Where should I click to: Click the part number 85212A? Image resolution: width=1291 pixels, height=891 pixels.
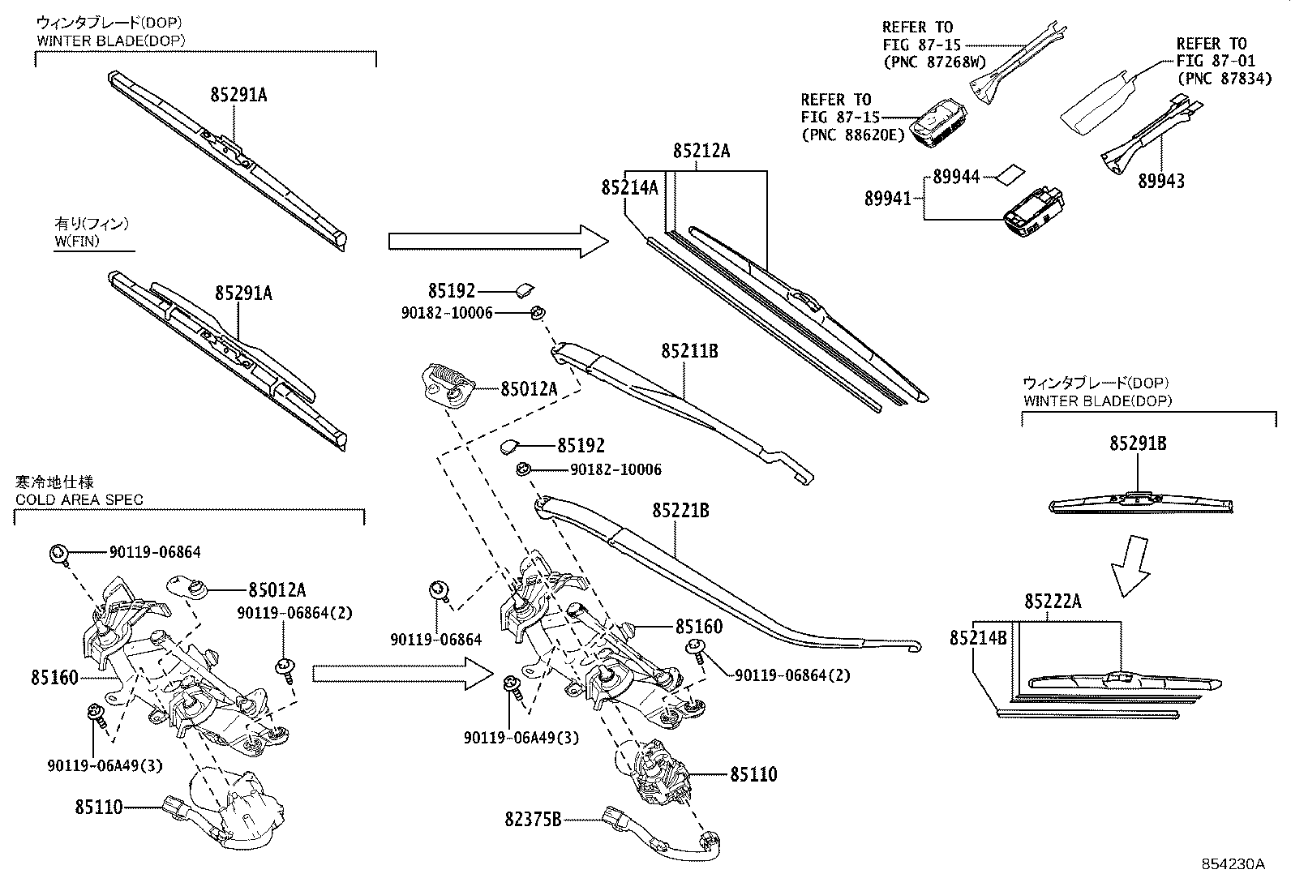[x=701, y=151]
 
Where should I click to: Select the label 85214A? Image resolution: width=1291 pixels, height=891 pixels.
[x=629, y=188]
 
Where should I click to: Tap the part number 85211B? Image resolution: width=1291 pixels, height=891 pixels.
[x=689, y=351]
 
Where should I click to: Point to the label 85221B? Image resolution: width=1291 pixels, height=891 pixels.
[x=680, y=510]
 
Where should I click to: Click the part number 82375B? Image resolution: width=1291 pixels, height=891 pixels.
[x=534, y=820]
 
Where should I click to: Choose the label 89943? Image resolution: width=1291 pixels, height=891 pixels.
[x=1160, y=181]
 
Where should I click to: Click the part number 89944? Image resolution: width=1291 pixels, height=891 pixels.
[x=956, y=176]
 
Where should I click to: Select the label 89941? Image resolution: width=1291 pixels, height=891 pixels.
[x=887, y=198]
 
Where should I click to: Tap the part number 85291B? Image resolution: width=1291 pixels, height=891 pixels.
[x=1138, y=443]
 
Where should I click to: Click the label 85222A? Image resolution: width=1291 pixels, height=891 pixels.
[x=1053, y=601]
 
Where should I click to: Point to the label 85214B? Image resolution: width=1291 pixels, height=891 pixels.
[x=978, y=638]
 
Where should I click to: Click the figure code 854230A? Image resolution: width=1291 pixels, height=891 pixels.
[x=1233, y=864]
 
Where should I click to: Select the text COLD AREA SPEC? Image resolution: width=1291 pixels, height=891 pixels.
[x=79, y=499]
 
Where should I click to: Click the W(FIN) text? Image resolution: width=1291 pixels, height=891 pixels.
[x=77, y=241]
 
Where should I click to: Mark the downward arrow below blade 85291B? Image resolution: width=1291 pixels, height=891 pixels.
[x=1130, y=565]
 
